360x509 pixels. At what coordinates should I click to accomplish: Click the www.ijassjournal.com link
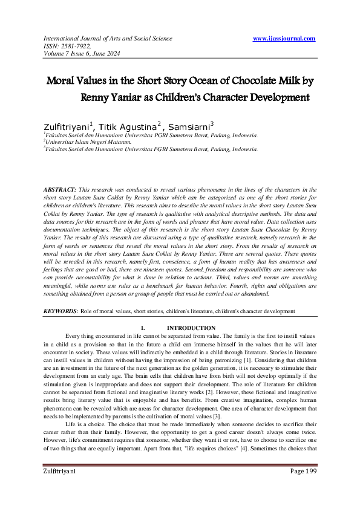click(284, 39)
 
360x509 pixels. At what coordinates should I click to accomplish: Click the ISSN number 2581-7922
click(75, 45)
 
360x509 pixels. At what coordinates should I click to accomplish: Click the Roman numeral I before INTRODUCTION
click(142, 328)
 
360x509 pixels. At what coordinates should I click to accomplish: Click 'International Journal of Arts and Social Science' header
click(107, 39)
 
